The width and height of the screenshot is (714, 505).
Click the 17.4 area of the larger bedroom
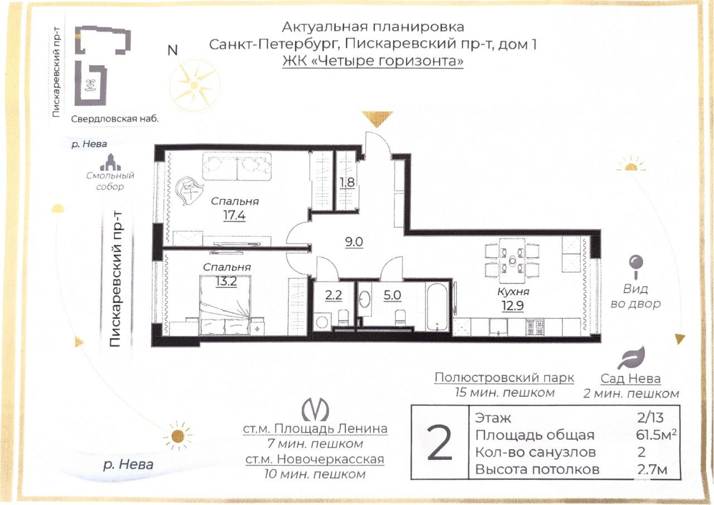coord(234,215)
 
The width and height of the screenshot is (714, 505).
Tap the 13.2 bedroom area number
coord(226,281)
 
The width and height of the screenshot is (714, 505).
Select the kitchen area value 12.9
coord(513,306)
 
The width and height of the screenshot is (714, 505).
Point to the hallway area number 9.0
coord(354,242)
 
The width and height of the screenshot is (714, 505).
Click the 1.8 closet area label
coord(347,182)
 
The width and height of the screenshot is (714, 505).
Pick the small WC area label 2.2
coord(334,295)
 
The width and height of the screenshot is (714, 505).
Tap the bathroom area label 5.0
coord(392,295)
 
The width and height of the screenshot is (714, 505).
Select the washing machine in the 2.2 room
coord(322,322)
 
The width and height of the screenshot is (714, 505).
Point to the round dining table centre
coord(512,261)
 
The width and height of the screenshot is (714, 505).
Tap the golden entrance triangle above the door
coord(377,119)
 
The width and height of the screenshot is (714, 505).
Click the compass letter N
coord(172,50)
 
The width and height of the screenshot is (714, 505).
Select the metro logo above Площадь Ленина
coord(315,410)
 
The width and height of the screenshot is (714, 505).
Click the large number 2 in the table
coord(440,443)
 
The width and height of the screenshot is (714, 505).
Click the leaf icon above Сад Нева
coord(631,358)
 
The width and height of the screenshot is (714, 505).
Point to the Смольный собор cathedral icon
coord(110,162)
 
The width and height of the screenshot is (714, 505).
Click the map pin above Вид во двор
coord(635,267)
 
